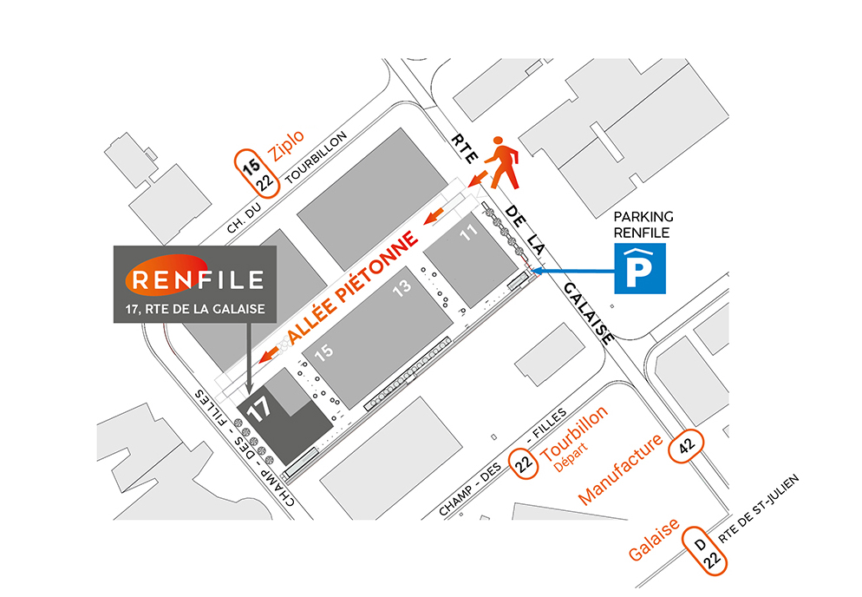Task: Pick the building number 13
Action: pyautogui.click(x=401, y=291)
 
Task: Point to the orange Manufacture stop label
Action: pyautogui.click(x=621, y=469)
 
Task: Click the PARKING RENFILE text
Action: pyautogui.click(x=643, y=224)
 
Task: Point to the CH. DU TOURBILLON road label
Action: pyautogui.click(x=286, y=183)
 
